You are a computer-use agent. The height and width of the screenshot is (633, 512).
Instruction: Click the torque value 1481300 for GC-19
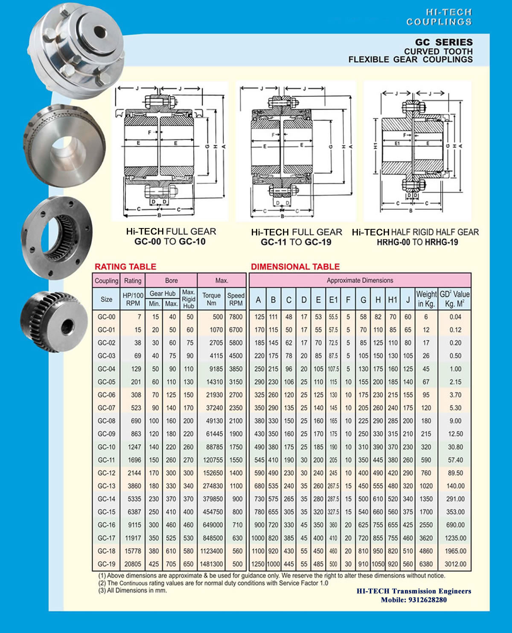[211, 564]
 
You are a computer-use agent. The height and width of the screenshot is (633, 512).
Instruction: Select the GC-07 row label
[107, 408]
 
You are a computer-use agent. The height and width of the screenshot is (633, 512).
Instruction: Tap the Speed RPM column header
[236, 299]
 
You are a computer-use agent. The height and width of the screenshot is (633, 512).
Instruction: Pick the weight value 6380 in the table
[426, 564]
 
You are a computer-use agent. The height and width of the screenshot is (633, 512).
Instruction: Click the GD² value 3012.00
[456, 564]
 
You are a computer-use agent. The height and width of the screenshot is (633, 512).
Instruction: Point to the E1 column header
[333, 300]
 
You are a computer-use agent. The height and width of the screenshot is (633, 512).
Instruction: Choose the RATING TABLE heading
[125, 266]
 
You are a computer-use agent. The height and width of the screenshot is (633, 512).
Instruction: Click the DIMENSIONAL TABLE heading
[295, 266]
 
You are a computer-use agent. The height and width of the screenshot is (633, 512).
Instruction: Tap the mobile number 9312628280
[428, 600]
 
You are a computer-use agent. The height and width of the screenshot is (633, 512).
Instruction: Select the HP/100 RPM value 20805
[133, 564]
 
